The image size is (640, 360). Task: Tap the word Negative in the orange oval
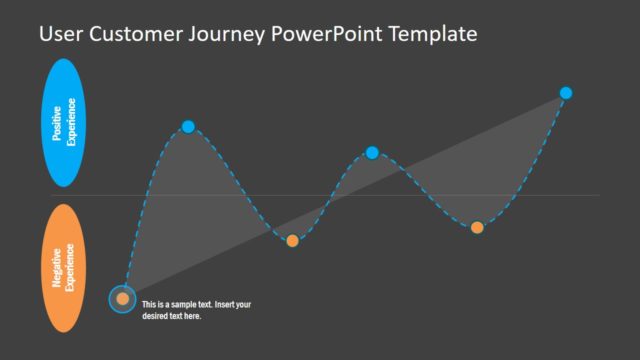(57, 268)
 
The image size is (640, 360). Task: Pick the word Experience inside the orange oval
(71, 268)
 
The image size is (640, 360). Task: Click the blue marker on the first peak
(188, 126)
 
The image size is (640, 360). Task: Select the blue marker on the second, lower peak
(372, 152)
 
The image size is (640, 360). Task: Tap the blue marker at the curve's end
(566, 93)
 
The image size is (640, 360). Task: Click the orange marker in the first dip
(292, 240)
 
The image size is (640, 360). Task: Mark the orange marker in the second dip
(477, 227)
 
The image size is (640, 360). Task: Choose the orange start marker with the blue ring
(122, 298)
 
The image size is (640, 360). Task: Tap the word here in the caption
(192, 316)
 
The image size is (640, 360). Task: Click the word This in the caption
(149, 304)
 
